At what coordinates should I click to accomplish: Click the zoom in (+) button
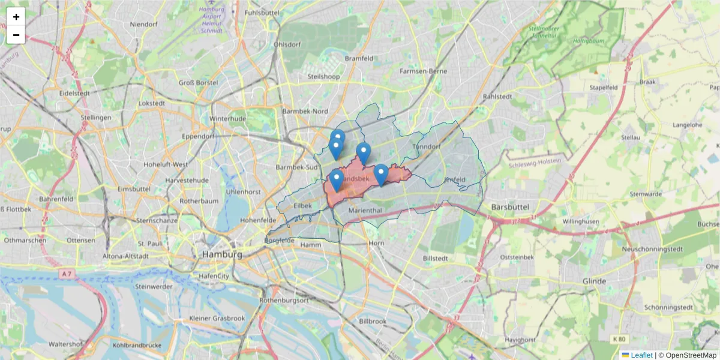[16, 17]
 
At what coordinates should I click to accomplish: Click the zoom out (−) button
[16, 35]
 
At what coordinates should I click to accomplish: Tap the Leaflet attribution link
[641, 355]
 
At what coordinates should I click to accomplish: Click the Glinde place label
[594, 281]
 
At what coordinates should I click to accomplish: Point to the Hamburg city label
[222, 254]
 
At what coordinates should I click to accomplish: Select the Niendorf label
[143, 25]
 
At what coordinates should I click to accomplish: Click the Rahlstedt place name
[497, 96]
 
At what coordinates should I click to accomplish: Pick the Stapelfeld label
[604, 87]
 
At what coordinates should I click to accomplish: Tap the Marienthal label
[365, 211]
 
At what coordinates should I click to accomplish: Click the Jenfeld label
[455, 179]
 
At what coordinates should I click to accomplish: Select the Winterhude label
[228, 119]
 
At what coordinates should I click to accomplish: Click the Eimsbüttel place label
[132, 188]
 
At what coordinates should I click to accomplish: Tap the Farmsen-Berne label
[424, 71]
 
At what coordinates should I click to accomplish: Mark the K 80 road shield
[619, 339]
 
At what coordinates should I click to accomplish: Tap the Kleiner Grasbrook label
[217, 317]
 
